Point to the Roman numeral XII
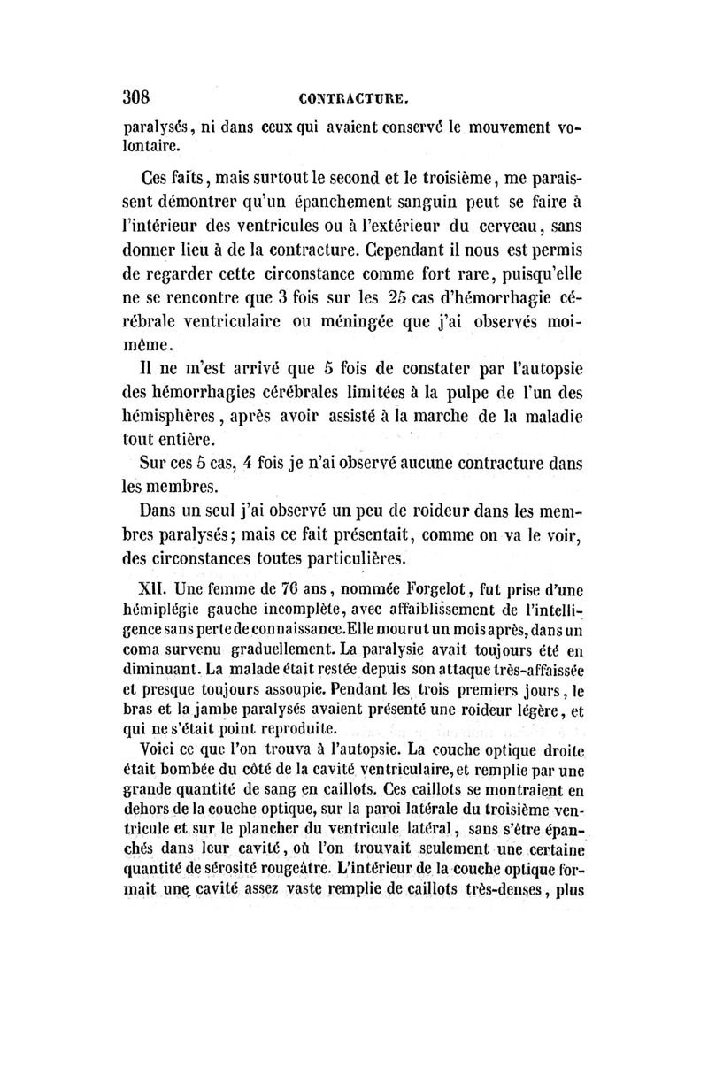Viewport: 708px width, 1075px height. click(156, 587)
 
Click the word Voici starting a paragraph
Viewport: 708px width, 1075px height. click(159, 749)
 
